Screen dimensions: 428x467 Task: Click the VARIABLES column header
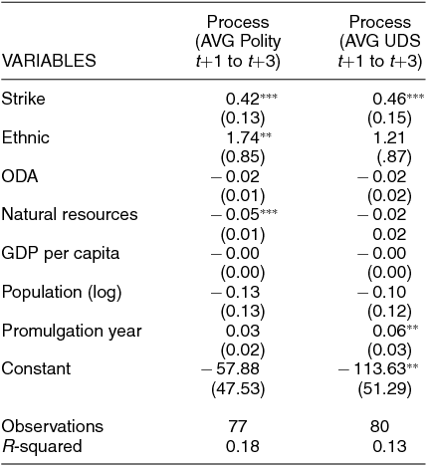49,61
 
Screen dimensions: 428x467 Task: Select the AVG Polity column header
238,42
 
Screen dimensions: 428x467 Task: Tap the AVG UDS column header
380,42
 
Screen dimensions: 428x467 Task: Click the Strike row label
23,99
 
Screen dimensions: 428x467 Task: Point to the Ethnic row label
26,137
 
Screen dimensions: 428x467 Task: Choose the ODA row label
20,176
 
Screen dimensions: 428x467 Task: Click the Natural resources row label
70,214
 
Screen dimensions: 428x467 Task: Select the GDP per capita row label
61,254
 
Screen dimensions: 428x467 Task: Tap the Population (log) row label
62,293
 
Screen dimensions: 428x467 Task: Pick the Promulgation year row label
72,332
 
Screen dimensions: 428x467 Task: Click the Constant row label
36,368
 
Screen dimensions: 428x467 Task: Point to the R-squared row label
42,446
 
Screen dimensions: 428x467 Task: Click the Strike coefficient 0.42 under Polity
243,99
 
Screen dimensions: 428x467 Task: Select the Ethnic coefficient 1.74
243,137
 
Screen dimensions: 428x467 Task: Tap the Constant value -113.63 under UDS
372,368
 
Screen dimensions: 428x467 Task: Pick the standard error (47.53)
238,388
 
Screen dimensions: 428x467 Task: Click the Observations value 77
238,426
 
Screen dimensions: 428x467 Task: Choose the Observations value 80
379,426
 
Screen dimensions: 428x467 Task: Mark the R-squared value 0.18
243,446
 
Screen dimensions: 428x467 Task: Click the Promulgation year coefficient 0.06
389,331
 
